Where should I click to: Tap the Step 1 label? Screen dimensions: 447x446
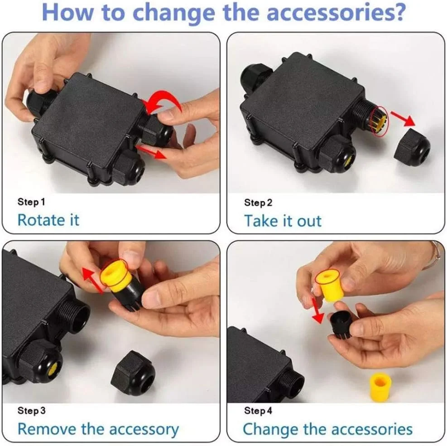point(31,202)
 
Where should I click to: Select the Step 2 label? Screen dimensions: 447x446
point(258,203)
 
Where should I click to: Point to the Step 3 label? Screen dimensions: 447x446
point(31,411)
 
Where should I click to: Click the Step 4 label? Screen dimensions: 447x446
point(258,411)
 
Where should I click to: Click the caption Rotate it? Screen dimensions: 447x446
point(48,220)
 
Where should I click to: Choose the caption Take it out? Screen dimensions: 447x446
point(283,221)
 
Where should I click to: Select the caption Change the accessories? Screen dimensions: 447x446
point(327,429)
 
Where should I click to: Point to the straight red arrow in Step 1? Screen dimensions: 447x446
point(151,151)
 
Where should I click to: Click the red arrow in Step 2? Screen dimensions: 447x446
point(403,118)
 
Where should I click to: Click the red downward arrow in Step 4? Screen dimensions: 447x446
point(317,311)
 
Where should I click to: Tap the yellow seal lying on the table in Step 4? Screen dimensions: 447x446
point(380,387)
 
